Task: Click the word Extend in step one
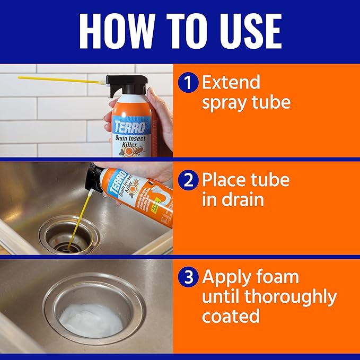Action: point(231,83)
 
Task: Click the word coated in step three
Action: point(231,316)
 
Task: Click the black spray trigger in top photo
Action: point(122,85)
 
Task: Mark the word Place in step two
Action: point(229,180)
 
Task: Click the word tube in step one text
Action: point(270,102)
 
